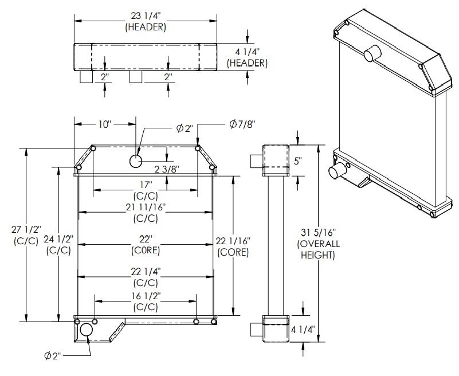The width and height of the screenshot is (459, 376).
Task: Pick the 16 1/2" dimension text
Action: click(x=145, y=295)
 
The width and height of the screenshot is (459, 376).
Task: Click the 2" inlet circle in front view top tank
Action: click(x=136, y=161)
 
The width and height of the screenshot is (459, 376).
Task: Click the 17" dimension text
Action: click(x=145, y=185)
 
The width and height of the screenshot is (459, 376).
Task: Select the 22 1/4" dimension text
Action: click(x=145, y=270)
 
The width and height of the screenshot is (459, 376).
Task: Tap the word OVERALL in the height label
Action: click(x=318, y=244)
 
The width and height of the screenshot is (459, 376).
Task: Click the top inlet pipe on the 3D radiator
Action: click(x=371, y=54)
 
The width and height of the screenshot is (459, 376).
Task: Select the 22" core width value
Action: click(x=145, y=238)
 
